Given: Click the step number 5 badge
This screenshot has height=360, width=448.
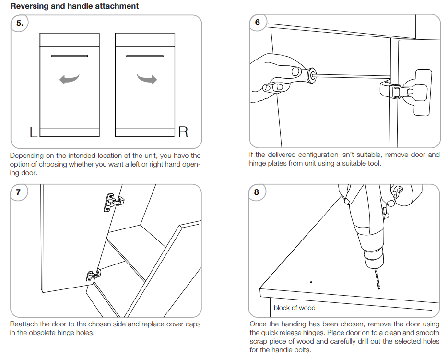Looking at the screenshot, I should pos(19,23).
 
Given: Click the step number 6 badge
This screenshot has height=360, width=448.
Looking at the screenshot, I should pos(258,23).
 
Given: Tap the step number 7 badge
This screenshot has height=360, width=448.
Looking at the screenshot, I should pos(18,192).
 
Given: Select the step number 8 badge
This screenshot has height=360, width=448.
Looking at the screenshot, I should pos(257,192).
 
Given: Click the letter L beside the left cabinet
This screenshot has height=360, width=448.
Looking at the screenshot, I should pos(33,132).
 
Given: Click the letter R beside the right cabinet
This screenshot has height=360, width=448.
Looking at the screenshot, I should pos(183,132).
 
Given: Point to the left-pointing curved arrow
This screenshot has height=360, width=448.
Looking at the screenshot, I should pos(69,79).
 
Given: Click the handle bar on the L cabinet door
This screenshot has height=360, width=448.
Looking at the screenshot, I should pos(69,57).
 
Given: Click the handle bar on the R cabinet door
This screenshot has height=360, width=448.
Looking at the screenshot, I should pos(145,57).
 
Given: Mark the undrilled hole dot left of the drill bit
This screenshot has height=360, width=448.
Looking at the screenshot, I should pos(311,282).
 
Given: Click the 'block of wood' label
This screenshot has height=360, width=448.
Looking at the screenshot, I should pos(295,308).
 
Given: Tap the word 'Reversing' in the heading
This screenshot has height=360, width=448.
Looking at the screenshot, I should pos(30,6).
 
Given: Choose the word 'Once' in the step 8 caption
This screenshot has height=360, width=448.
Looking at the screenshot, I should pos(258,324).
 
